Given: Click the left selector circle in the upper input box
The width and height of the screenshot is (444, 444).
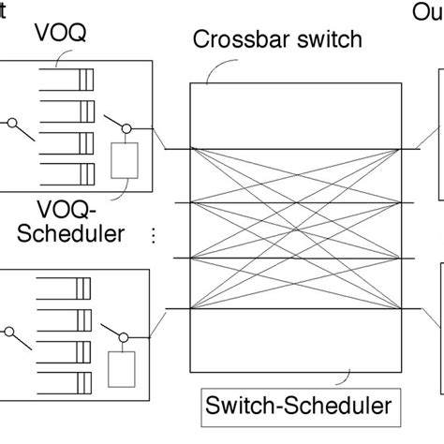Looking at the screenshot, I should (10, 123).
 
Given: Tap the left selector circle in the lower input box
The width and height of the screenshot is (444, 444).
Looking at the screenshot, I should (10, 329).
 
